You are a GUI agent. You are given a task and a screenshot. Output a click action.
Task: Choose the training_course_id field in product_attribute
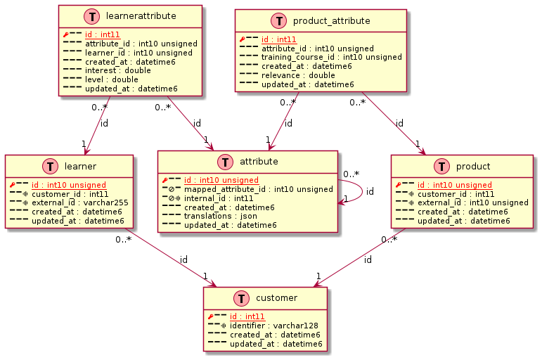pos(331,57)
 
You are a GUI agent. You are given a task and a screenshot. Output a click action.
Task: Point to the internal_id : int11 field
pos(220,198)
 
